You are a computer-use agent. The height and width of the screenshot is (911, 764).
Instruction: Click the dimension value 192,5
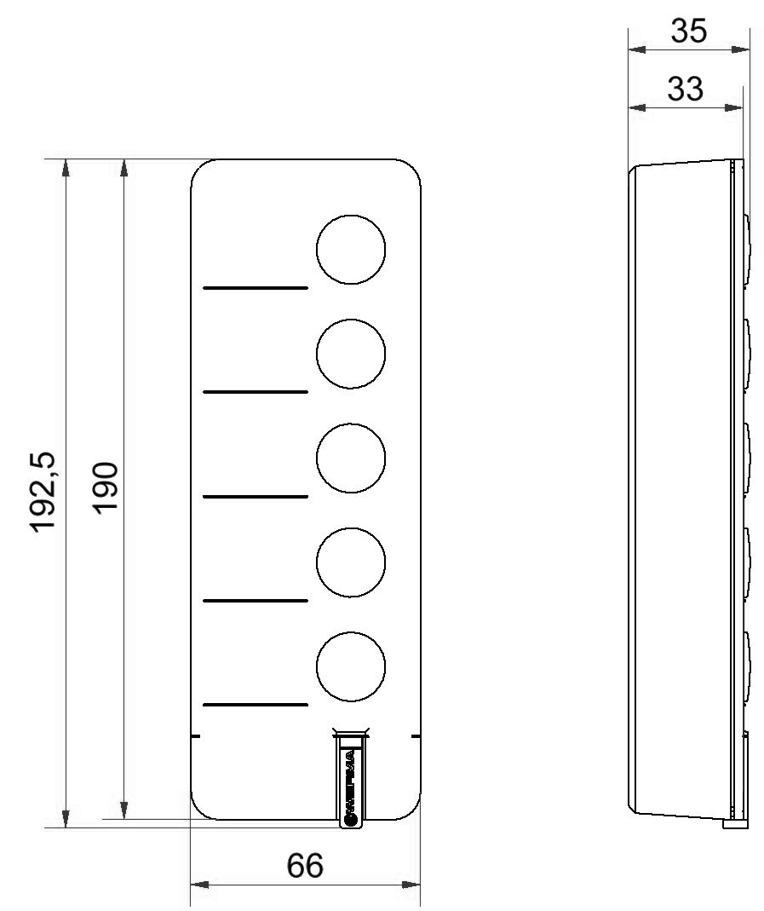(43, 492)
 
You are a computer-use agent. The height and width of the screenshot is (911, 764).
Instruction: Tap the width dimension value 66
(305, 866)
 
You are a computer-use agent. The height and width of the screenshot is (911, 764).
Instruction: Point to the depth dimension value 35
(688, 31)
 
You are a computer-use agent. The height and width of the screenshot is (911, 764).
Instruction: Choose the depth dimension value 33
(685, 89)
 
